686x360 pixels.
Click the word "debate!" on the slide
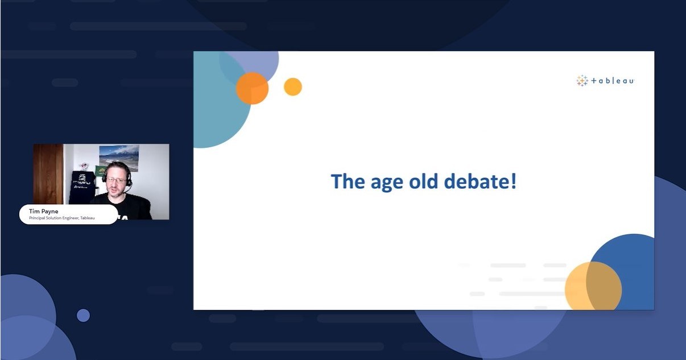(x=480, y=181)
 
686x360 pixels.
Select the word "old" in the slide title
(x=424, y=181)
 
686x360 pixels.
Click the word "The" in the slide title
(x=348, y=181)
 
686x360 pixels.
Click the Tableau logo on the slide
(x=605, y=81)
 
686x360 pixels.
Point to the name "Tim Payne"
(x=43, y=211)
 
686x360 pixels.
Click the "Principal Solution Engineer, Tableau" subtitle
(x=62, y=218)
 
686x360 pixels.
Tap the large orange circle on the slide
(x=252, y=88)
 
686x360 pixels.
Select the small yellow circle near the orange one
(x=293, y=86)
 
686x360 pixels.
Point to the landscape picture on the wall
(x=119, y=158)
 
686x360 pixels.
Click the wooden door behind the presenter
(x=48, y=174)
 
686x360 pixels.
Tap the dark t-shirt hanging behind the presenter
(x=81, y=187)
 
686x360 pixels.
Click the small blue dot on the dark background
(x=83, y=315)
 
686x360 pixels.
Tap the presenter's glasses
(x=117, y=180)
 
